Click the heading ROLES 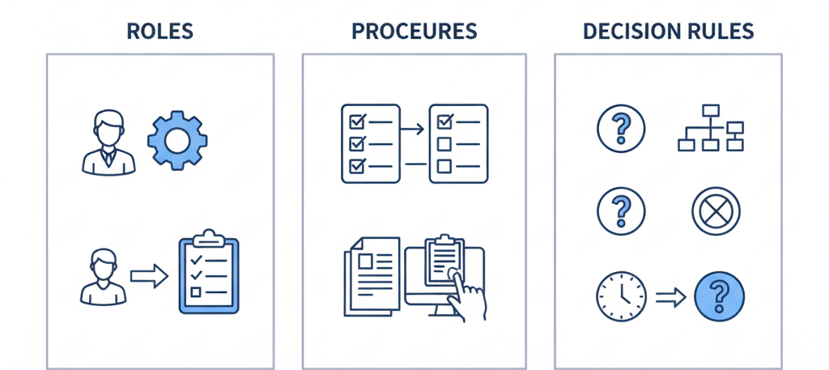[x=159, y=32]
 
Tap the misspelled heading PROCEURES [x=414, y=32]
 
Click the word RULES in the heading [x=722, y=32]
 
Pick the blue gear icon [x=177, y=139]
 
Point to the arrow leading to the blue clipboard [x=148, y=276]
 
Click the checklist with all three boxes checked [x=370, y=143]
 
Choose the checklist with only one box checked [x=457, y=143]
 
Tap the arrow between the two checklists [x=413, y=129]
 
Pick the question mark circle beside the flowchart [x=620, y=129]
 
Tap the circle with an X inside [x=716, y=211]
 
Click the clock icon [x=621, y=297]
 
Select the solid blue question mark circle [x=720, y=297]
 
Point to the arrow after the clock [x=670, y=298]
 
